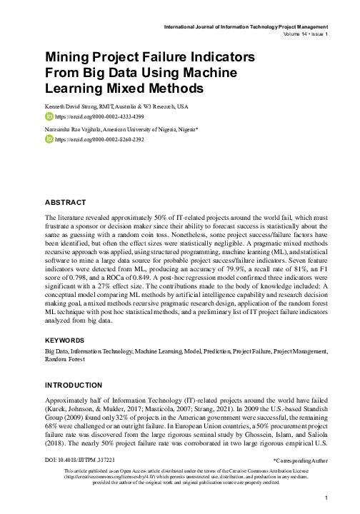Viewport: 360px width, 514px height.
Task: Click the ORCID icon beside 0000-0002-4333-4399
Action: [49, 115]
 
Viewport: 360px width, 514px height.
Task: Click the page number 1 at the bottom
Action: [325, 498]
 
